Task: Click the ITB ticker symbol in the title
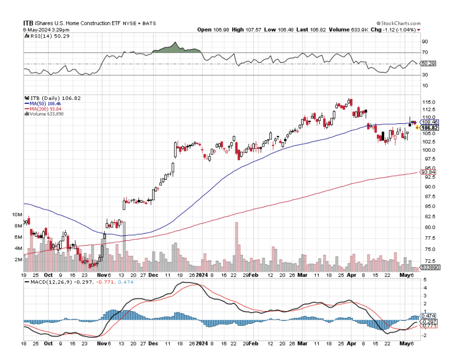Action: (28, 23)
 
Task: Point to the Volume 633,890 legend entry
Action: (46, 114)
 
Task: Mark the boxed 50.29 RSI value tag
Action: (429, 64)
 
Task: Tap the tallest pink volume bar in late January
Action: (237, 244)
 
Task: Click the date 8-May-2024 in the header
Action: (36, 30)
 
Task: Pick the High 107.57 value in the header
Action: (244, 30)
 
